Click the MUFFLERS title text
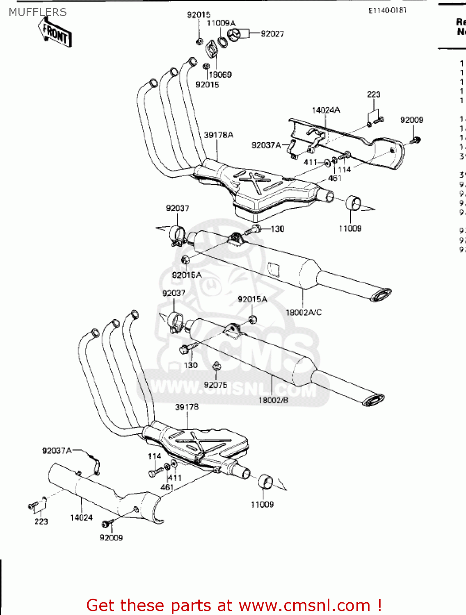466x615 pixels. [38, 12]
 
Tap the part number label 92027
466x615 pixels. [272, 34]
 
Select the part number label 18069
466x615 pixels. [220, 75]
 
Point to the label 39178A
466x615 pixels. [218, 135]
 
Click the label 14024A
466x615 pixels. [326, 110]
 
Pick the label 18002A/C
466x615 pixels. [304, 312]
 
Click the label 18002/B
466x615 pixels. [273, 400]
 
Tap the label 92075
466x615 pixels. [215, 385]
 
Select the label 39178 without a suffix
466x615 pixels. [187, 407]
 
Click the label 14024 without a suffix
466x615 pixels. [81, 517]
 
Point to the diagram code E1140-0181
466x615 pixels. [387, 10]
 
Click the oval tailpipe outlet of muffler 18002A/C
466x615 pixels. [381, 294]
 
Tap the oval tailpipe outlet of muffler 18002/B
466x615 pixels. [373, 400]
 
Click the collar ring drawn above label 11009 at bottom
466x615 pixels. [265, 482]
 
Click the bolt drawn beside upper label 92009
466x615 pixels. [415, 140]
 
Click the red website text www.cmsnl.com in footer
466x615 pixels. [304, 605]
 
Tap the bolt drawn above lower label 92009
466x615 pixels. [108, 523]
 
